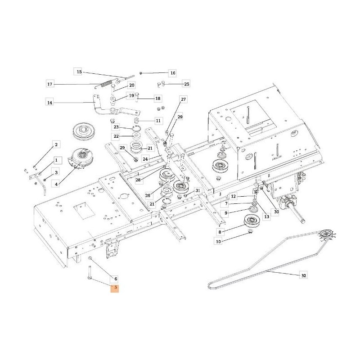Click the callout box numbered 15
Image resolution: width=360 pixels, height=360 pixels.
tap(79, 72)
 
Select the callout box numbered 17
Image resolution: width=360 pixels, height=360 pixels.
tap(50, 84)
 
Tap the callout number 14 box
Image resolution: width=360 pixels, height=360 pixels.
tap(50, 103)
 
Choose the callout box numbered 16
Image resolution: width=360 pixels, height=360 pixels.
tap(172, 73)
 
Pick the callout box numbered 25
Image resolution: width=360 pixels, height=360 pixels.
tap(187, 84)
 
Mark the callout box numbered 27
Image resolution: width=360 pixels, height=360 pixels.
tap(183, 99)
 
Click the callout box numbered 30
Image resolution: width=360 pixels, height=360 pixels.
tap(276, 213)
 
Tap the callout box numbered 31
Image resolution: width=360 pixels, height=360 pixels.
tap(198, 191)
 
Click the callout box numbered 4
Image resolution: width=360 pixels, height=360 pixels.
tap(56, 184)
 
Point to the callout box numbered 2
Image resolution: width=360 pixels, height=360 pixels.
tap(56, 144)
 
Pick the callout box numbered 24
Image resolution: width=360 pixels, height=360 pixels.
tap(145, 159)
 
